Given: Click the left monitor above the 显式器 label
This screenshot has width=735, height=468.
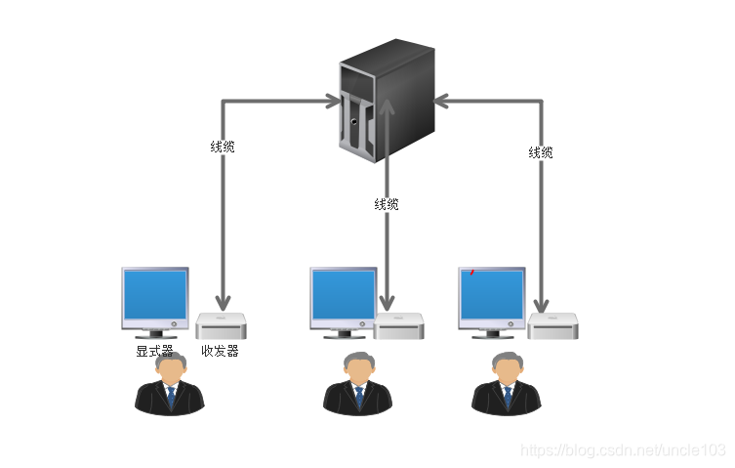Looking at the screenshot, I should (154, 297).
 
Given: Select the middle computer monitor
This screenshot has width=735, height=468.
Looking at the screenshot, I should (343, 297).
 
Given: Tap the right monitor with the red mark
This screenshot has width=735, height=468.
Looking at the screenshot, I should (492, 297).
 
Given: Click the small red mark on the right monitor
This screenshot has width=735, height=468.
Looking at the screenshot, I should (472, 272).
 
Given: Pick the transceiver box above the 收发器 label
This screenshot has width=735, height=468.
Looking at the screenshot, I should (221, 326).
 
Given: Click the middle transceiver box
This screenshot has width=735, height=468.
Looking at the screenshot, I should (399, 326).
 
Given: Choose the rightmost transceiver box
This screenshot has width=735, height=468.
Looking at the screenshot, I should (553, 326).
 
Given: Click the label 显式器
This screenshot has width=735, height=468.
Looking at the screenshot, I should (154, 351).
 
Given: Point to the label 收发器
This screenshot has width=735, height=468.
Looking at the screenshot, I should (220, 351).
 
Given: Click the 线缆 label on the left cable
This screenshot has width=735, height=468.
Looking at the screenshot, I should (223, 148).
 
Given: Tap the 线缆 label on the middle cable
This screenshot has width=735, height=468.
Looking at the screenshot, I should (387, 204).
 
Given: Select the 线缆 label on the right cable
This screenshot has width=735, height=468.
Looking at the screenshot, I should (541, 152).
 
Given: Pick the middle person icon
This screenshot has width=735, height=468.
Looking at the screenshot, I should (358, 384).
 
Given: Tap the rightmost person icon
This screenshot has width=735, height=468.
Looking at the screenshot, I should (507, 384).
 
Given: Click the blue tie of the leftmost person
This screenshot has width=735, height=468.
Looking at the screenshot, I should (171, 397).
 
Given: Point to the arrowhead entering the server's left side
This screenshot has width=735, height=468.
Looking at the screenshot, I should (329, 101).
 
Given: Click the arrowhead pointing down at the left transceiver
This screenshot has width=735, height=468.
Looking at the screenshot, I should (224, 303).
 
